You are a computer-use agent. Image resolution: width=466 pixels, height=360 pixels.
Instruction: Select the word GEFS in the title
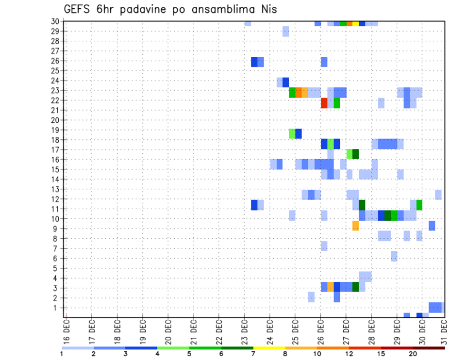(x=76, y=9)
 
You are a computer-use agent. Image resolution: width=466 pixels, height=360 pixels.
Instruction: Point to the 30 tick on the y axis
(x=56, y=21)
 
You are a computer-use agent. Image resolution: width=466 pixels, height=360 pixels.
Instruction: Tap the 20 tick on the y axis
(x=56, y=120)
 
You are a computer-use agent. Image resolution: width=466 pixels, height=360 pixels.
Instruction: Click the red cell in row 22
(x=324, y=103)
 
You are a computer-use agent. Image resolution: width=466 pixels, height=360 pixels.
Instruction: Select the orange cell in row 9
(x=356, y=226)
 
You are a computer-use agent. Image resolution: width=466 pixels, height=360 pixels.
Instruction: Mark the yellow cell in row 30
(x=356, y=23)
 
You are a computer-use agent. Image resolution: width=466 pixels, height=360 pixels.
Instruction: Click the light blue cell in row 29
(x=285, y=32)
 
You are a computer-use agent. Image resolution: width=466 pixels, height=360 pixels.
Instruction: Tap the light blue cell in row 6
(x=394, y=256)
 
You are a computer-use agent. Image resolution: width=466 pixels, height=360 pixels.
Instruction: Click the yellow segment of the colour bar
(x=269, y=348)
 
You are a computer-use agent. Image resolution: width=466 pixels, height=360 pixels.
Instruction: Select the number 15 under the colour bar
(x=381, y=354)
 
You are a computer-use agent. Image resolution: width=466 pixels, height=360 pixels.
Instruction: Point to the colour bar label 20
(x=413, y=354)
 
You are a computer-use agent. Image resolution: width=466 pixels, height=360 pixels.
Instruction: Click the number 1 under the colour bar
(x=62, y=354)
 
